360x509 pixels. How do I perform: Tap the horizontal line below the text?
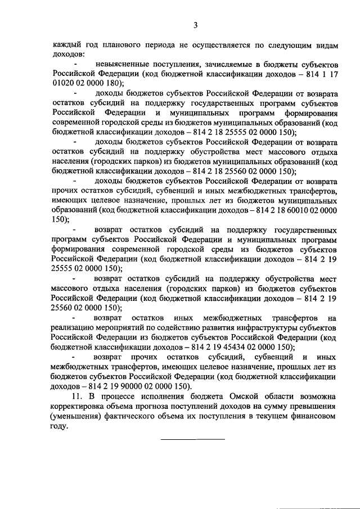pyautogui.click(x=193, y=439)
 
